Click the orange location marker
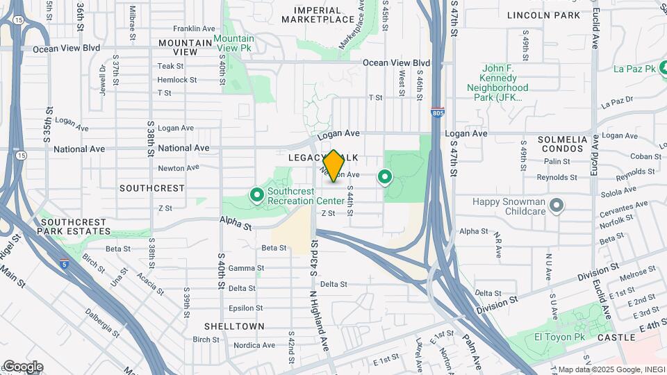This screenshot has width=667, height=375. coord(333,166)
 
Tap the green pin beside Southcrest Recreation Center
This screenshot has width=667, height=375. coord(256,195)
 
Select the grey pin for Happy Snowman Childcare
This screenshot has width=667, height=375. coord(556,205)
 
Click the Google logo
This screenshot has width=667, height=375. coord(22,367)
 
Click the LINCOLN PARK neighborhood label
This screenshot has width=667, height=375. coord(553,15)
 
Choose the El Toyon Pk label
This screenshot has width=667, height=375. coord(560,337)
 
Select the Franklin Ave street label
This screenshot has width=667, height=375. coord(195,28)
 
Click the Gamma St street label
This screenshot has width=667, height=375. coord(246,268)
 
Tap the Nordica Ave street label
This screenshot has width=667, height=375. coord(254,345)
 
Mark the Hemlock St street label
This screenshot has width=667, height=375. coord(172,80)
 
